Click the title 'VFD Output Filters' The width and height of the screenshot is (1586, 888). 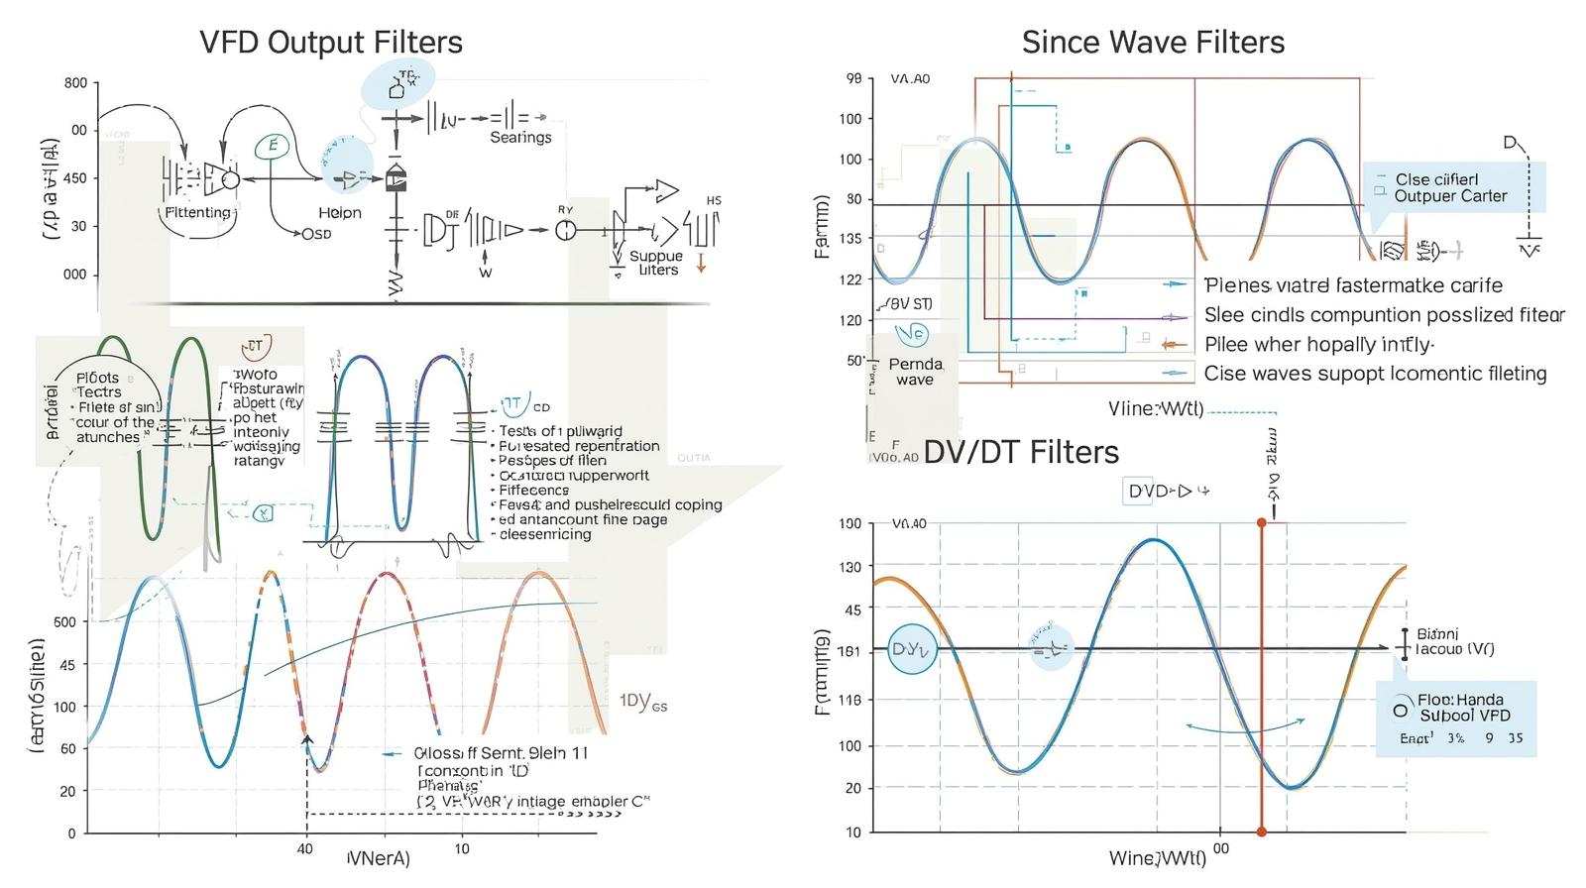[x=330, y=43]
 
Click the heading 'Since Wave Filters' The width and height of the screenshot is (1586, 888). [x=1153, y=43]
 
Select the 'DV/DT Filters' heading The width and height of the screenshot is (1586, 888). [x=1021, y=452]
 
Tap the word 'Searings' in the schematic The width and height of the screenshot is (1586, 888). [x=520, y=138]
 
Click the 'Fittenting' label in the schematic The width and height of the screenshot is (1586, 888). [x=197, y=212]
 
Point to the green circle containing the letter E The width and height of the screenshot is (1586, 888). [x=271, y=147]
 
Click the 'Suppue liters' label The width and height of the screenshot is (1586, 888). [x=655, y=263]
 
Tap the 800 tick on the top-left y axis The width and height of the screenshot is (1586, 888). [x=75, y=83]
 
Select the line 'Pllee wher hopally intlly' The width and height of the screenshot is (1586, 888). [x=1318, y=345]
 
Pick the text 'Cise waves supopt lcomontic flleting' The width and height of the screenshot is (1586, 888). [x=1375, y=374]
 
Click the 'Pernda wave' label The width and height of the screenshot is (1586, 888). [x=915, y=372]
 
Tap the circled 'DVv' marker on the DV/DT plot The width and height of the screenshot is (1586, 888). [x=912, y=650]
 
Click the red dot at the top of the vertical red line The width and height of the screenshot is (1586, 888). [x=1261, y=522]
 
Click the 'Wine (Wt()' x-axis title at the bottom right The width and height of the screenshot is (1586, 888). [x=1157, y=857]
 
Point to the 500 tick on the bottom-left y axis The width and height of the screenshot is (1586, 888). [x=64, y=622]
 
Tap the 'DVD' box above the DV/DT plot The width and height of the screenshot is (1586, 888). [x=1150, y=491]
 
